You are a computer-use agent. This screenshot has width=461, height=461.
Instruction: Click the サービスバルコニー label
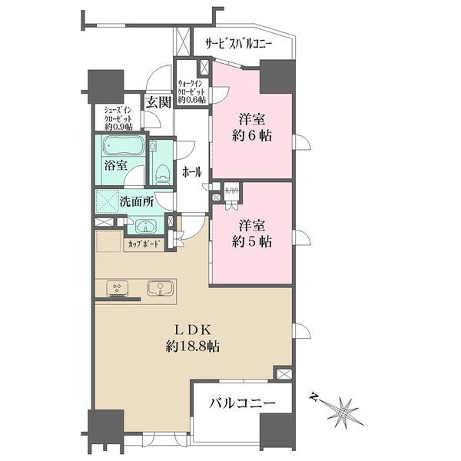pyautogui.click(x=239, y=45)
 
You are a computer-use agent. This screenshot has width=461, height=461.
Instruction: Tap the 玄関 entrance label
pyautogui.click(x=159, y=102)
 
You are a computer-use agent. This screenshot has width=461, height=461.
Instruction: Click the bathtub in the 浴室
pyautogui.click(x=124, y=146)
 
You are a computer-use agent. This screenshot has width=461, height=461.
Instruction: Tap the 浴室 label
pyautogui.click(x=115, y=165)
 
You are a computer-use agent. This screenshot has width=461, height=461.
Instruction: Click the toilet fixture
pyautogui.click(x=162, y=174)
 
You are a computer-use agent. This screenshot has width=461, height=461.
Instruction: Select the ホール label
pyautogui.click(x=192, y=172)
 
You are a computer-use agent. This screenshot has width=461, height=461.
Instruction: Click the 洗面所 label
pyautogui.click(x=137, y=202)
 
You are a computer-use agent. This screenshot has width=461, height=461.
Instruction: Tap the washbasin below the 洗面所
pyautogui.click(x=146, y=226)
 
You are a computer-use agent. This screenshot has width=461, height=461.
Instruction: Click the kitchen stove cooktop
pyautogui.click(x=117, y=288)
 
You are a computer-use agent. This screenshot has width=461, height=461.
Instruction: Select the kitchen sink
pyautogui.click(x=160, y=288)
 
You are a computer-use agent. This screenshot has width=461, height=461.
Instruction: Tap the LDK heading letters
pyautogui.click(x=193, y=330)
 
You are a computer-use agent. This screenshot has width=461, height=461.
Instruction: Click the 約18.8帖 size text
pyautogui.click(x=193, y=347)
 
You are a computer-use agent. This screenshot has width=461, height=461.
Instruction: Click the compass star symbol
pyautogui.click(x=343, y=413)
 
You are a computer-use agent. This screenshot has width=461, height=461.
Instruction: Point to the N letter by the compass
pyautogui.click(x=313, y=397)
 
